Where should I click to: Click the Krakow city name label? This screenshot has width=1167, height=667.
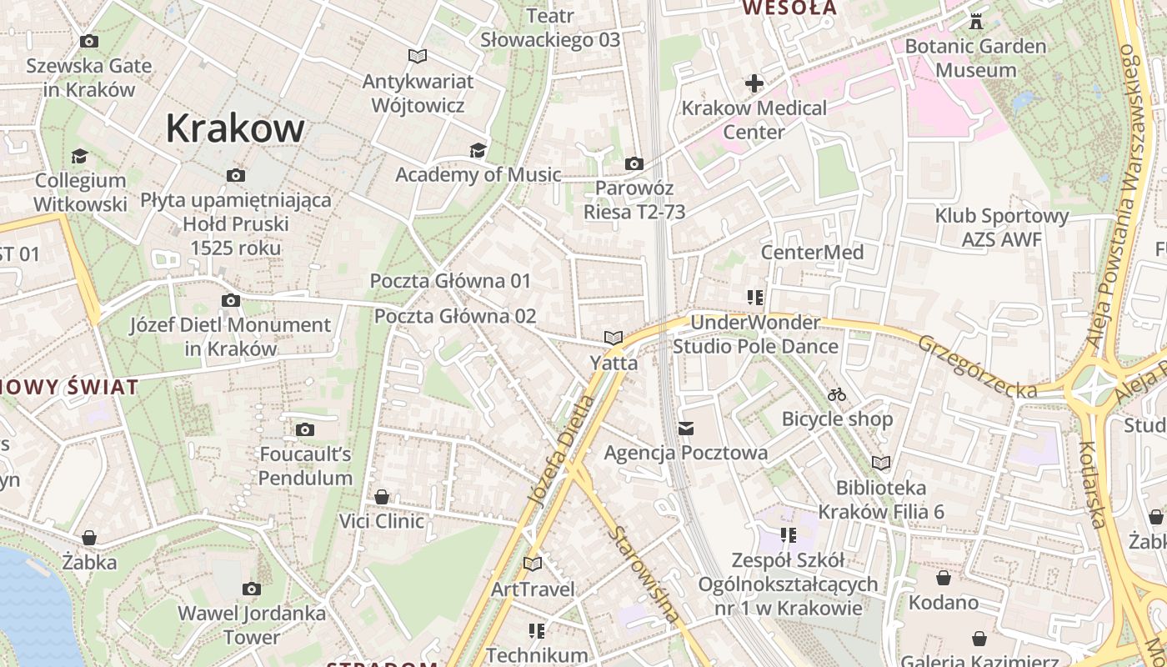coord(235,128)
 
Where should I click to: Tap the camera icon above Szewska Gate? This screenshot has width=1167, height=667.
coord(88,41)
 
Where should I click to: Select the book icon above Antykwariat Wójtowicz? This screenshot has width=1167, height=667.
coord(418,56)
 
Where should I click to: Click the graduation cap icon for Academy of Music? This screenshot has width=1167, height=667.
coord(478,150)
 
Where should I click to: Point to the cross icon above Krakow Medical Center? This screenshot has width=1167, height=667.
coord(754,83)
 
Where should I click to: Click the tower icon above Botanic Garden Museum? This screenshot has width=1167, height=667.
coord(975,21)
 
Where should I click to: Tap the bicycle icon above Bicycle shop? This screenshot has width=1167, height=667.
coord(837,394)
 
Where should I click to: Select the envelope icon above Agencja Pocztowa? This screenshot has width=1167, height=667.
coord(686,429)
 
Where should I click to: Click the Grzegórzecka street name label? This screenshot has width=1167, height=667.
coord(978,366)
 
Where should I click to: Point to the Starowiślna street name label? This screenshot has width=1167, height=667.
coord(644,574)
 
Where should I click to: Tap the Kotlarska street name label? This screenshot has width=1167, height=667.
coord(1092,484)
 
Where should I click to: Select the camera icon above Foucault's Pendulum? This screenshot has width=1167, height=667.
coord(305,429)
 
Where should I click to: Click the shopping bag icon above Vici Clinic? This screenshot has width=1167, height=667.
coord(382,497)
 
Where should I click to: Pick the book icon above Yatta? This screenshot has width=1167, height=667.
coord(614,338)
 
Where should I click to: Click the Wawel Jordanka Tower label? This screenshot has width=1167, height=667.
coord(252,625)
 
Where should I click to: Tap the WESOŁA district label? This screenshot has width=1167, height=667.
coord(789,8)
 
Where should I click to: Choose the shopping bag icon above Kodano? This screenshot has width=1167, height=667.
coord(944,578)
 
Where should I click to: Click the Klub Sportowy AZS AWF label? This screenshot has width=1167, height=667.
coord(1001,228)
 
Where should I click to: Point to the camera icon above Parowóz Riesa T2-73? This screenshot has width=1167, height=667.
coord(634,163)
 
